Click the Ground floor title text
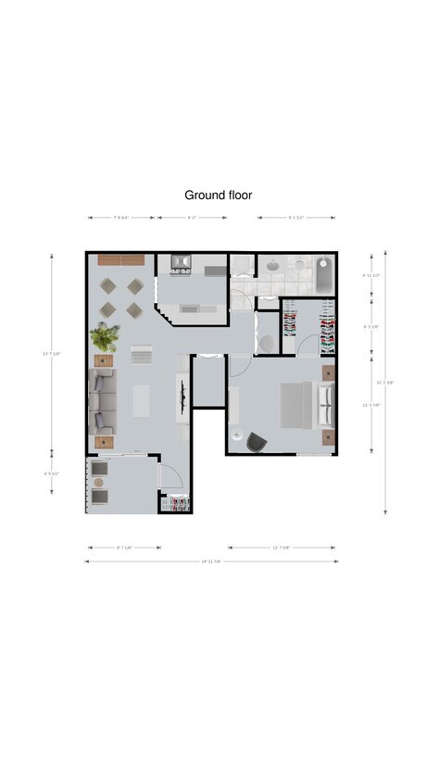point(218,195)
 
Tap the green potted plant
point(104,336)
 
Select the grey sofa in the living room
point(101,400)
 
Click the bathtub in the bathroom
point(323,275)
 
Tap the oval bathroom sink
point(273,267)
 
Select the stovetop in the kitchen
point(182,262)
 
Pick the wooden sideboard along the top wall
point(121,259)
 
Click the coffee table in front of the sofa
point(141,399)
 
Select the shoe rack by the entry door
point(178,504)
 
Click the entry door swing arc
point(169,476)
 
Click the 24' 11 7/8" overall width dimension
point(211,561)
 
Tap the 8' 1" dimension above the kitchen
point(193,218)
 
